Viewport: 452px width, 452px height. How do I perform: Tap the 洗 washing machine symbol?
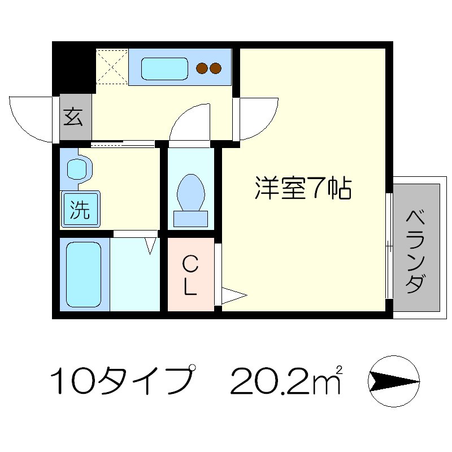click(80, 210)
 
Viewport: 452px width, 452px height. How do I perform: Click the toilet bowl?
click(190, 192)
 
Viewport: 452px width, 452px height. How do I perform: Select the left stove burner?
click(201, 69)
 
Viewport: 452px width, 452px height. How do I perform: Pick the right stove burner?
click(215, 69)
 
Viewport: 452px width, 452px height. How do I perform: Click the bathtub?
click(84, 274)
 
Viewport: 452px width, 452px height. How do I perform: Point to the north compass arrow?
click(394, 381)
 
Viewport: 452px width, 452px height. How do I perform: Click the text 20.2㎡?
click(286, 381)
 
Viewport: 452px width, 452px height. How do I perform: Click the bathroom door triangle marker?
click(151, 245)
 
